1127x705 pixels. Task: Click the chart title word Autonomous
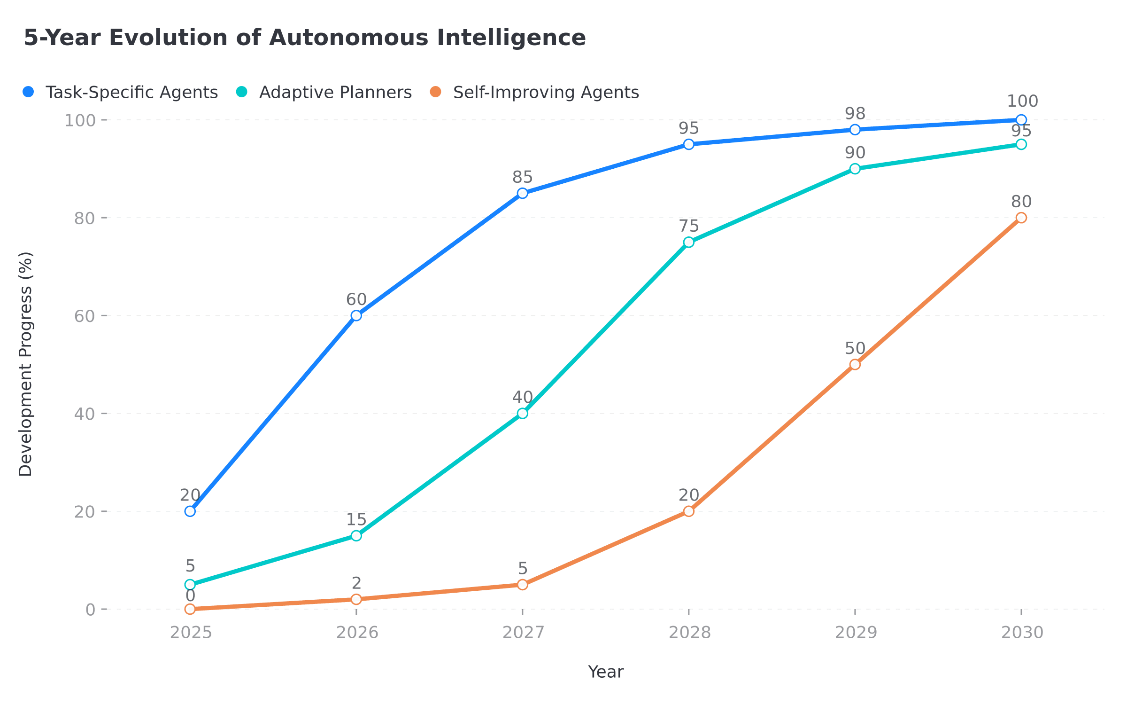348,38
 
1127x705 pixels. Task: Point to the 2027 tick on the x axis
523,633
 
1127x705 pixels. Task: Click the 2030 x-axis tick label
1022,633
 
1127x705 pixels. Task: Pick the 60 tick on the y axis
85,316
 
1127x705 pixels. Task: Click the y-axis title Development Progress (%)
26,364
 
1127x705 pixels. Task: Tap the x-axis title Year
605,672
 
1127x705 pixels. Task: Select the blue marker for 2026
356,315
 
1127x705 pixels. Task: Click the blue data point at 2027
523,193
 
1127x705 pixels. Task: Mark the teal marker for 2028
689,242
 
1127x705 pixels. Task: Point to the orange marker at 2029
855,364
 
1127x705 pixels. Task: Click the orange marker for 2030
1021,218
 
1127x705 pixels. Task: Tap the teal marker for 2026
356,536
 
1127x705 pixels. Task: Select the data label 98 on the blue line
855,113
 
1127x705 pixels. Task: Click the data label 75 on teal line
689,226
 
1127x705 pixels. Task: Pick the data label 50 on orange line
855,348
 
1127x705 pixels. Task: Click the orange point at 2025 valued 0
190,609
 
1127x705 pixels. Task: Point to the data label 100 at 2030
1022,101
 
